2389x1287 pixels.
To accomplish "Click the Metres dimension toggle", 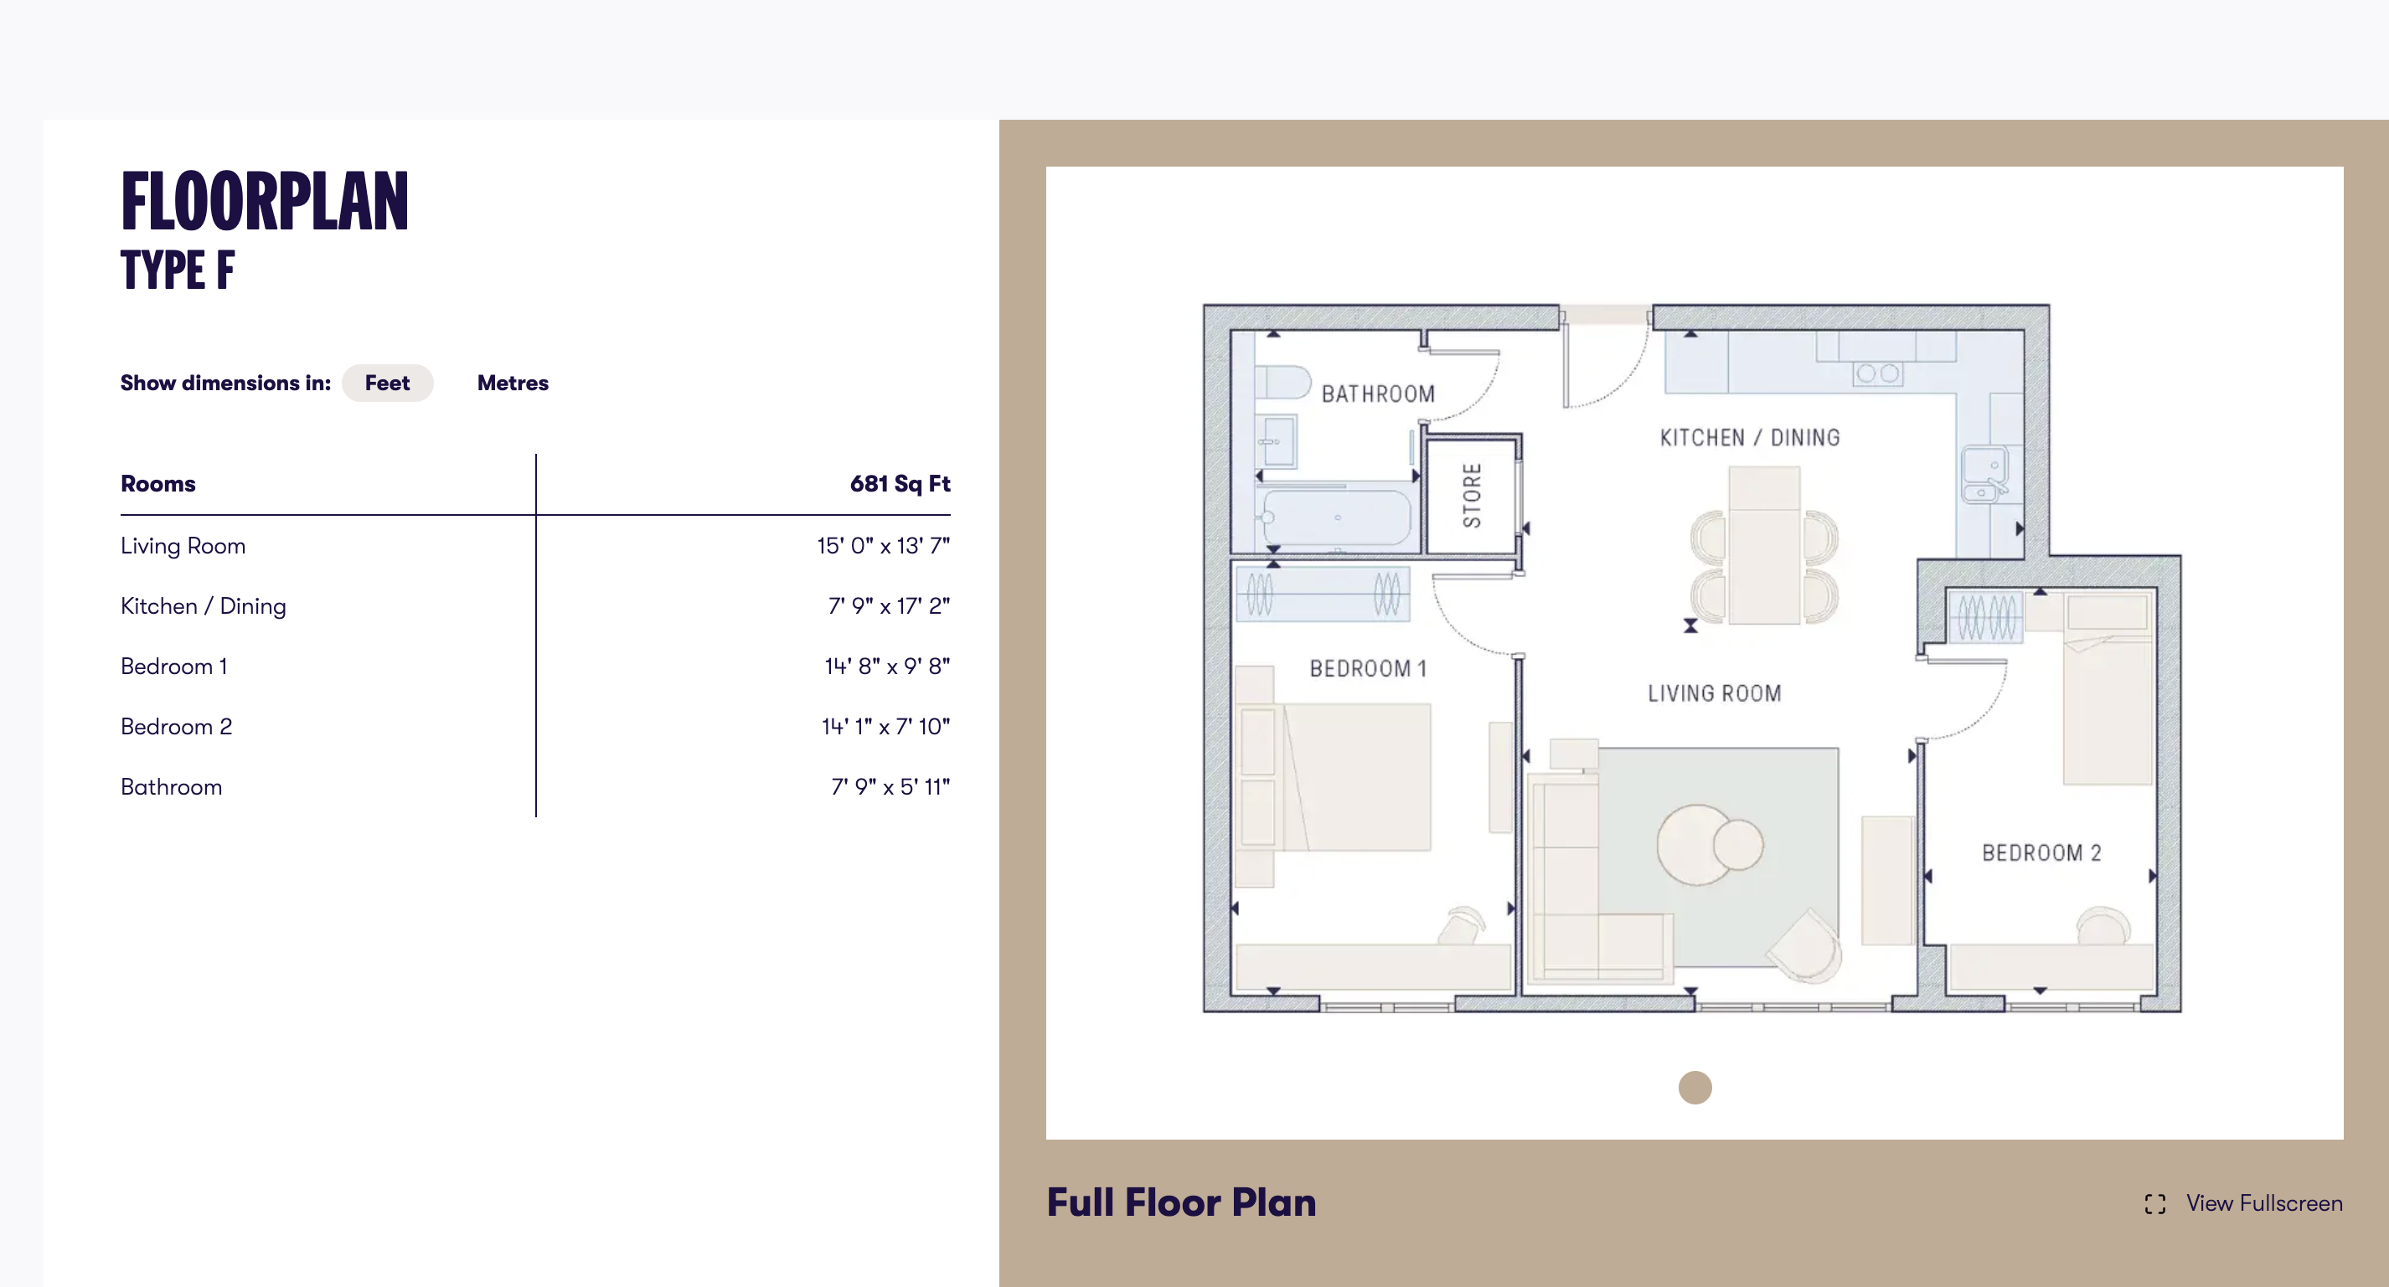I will [512, 383].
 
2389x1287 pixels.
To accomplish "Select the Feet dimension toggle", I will [387, 383].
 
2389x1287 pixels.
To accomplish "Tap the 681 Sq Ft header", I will [899, 483].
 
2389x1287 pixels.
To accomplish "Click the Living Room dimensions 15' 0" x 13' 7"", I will [882, 545].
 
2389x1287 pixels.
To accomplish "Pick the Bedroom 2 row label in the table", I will [176, 726].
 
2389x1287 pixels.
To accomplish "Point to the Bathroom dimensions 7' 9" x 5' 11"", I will [890, 786].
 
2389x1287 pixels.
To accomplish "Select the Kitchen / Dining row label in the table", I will [203, 605].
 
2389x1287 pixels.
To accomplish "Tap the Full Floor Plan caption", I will [1180, 1202].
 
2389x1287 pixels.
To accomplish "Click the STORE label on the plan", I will [1471, 495].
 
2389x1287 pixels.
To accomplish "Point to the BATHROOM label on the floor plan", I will [1377, 394].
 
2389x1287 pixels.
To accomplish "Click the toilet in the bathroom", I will [1282, 381].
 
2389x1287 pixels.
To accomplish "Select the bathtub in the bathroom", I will [1335, 517].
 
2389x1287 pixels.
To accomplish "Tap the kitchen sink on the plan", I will [1984, 474].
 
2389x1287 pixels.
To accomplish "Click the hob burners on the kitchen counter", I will [1877, 373].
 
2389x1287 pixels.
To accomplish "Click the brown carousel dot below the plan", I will [1695, 1087].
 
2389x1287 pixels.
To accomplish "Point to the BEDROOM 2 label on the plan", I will [2041, 852].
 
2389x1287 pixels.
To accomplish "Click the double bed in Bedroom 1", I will [1354, 777].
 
